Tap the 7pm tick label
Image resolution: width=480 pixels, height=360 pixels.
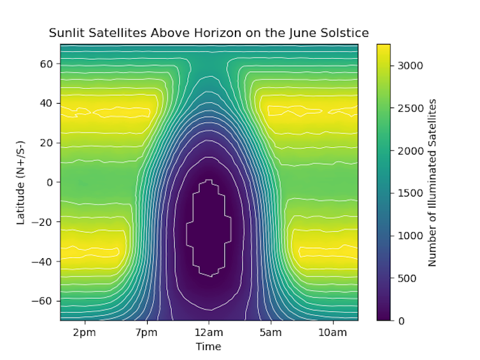coord(146,333)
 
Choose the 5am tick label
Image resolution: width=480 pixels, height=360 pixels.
coord(271,333)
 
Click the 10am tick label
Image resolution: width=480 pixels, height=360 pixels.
coord(332,333)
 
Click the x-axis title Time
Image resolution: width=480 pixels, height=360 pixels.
coord(208,347)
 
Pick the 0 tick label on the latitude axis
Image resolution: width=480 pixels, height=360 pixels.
coord(52,182)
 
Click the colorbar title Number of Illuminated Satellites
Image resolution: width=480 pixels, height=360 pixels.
coord(432,182)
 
